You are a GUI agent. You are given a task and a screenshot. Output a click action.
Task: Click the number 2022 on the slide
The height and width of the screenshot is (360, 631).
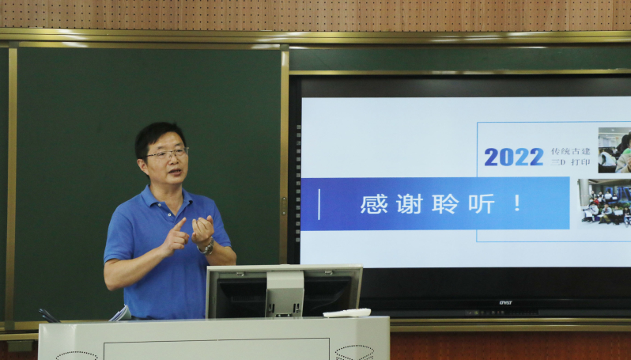click(513, 157)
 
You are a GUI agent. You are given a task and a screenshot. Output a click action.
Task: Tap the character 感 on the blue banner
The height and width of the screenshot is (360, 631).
click(373, 204)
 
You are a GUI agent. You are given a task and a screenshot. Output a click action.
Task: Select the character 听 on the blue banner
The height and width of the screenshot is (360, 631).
click(481, 204)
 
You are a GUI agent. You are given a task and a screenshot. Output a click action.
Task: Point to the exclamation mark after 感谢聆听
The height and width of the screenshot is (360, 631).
click(517, 204)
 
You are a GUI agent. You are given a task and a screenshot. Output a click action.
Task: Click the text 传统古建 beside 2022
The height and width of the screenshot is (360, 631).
click(570, 151)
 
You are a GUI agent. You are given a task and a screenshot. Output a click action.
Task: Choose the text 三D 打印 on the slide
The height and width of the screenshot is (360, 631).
click(570, 162)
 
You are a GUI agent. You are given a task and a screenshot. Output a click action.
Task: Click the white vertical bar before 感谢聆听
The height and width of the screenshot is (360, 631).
click(319, 204)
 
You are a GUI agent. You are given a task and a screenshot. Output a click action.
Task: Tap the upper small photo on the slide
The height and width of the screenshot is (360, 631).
click(614, 150)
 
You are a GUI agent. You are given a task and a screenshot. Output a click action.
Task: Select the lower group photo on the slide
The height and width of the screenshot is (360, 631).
click(605, 203)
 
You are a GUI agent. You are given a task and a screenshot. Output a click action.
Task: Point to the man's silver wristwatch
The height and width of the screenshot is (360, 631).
click(208, 248)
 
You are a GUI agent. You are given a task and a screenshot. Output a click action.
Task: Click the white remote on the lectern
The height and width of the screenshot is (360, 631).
click(346, 313)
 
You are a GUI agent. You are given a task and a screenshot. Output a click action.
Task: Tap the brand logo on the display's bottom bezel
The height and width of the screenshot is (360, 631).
click(505, 301)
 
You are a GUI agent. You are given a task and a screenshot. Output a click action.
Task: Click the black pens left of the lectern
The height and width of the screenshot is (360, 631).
click(48, 315)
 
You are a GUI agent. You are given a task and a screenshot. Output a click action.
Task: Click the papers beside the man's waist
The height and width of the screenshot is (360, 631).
click(120, 313)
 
